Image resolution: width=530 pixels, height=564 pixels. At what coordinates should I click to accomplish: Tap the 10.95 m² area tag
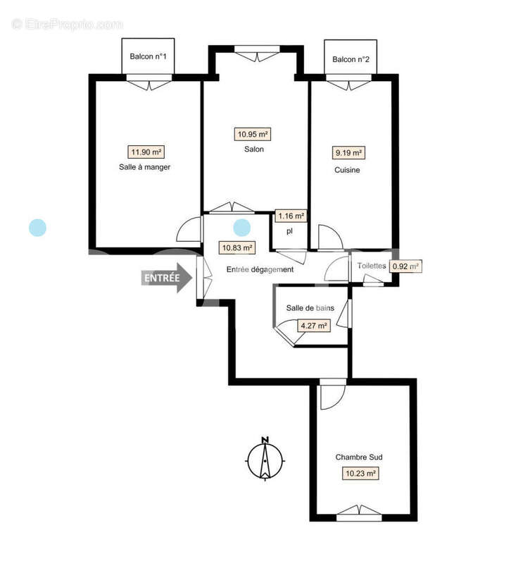click(253, 134)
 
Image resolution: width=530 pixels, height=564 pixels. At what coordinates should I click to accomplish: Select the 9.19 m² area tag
click(348, 152)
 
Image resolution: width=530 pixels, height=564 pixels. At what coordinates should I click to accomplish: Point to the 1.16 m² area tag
click(291, 216)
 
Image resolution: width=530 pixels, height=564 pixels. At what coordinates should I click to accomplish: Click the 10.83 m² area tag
click(237, 247)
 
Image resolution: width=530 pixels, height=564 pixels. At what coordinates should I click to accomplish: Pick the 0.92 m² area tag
click(405, 266)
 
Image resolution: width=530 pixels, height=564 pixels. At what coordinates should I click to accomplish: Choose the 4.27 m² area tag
click(313, 326)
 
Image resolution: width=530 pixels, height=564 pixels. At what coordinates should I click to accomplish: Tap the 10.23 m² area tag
click(360, 474)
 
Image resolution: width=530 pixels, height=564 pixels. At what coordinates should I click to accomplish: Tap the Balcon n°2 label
click(351, 59)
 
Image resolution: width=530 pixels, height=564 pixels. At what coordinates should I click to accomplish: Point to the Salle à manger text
click(145, 168)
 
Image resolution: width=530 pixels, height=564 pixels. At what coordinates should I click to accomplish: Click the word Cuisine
click(347, 170)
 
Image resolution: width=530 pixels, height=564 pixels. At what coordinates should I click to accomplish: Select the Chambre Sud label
click(359, 457)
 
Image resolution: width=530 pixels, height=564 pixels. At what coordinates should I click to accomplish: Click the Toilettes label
click(372, 266)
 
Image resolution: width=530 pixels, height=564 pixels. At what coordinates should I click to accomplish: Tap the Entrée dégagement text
click(260, 269)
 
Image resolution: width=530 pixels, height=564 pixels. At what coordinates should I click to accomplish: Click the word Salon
click(254, 149)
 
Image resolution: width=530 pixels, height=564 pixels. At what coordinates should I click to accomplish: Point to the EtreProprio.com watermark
click(68, 25)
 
